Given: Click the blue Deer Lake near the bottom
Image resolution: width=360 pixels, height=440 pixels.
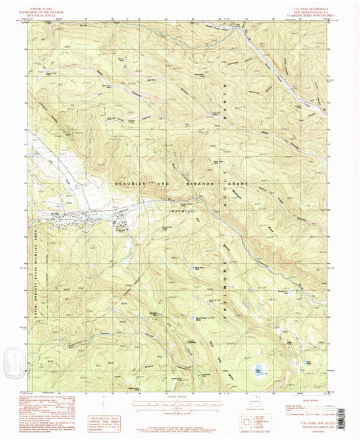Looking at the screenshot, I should coord(258,369).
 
